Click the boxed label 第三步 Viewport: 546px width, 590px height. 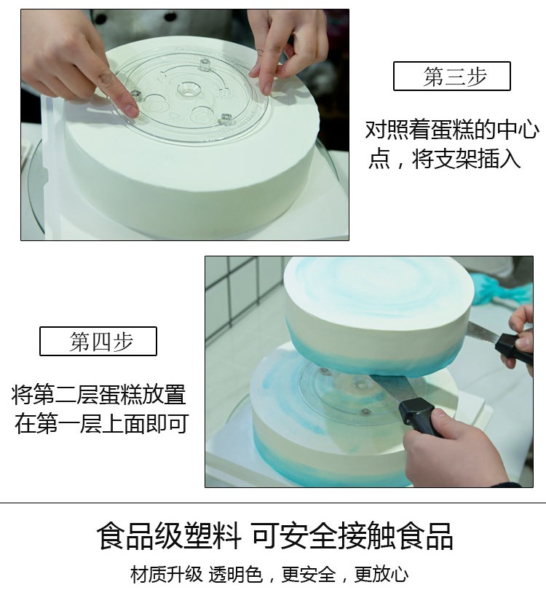pyautogui.click(x=451, y=76)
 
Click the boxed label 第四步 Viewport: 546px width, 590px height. pyautogui.click(x=98, y=342)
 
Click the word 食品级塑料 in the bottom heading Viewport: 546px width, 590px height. pyautogui.click(x=168, y=537)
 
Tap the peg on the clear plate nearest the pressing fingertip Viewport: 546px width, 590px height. pyautogui.click(x=135, y=95)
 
